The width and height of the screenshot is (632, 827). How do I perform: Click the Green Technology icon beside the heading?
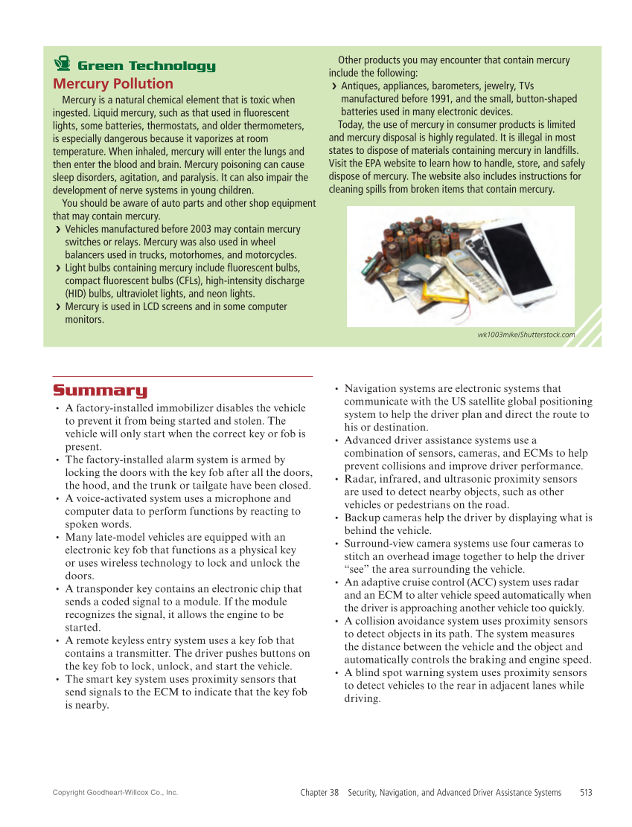(63, 65)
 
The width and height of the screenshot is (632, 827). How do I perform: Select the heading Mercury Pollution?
(112, 84)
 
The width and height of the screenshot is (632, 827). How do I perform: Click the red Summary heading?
(100, 391)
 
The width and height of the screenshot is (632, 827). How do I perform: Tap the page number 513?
(586, 793)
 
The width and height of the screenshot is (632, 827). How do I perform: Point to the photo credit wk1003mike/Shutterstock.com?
(526, 335)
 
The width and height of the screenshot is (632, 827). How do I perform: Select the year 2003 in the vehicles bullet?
(201, 230)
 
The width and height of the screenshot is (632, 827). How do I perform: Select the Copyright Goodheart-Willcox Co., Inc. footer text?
(115, 793)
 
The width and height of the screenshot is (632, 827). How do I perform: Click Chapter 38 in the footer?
(319, 793)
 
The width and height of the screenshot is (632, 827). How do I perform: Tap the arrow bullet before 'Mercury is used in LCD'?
(58, 307)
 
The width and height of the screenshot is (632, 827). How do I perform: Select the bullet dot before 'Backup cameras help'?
(336, 518)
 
